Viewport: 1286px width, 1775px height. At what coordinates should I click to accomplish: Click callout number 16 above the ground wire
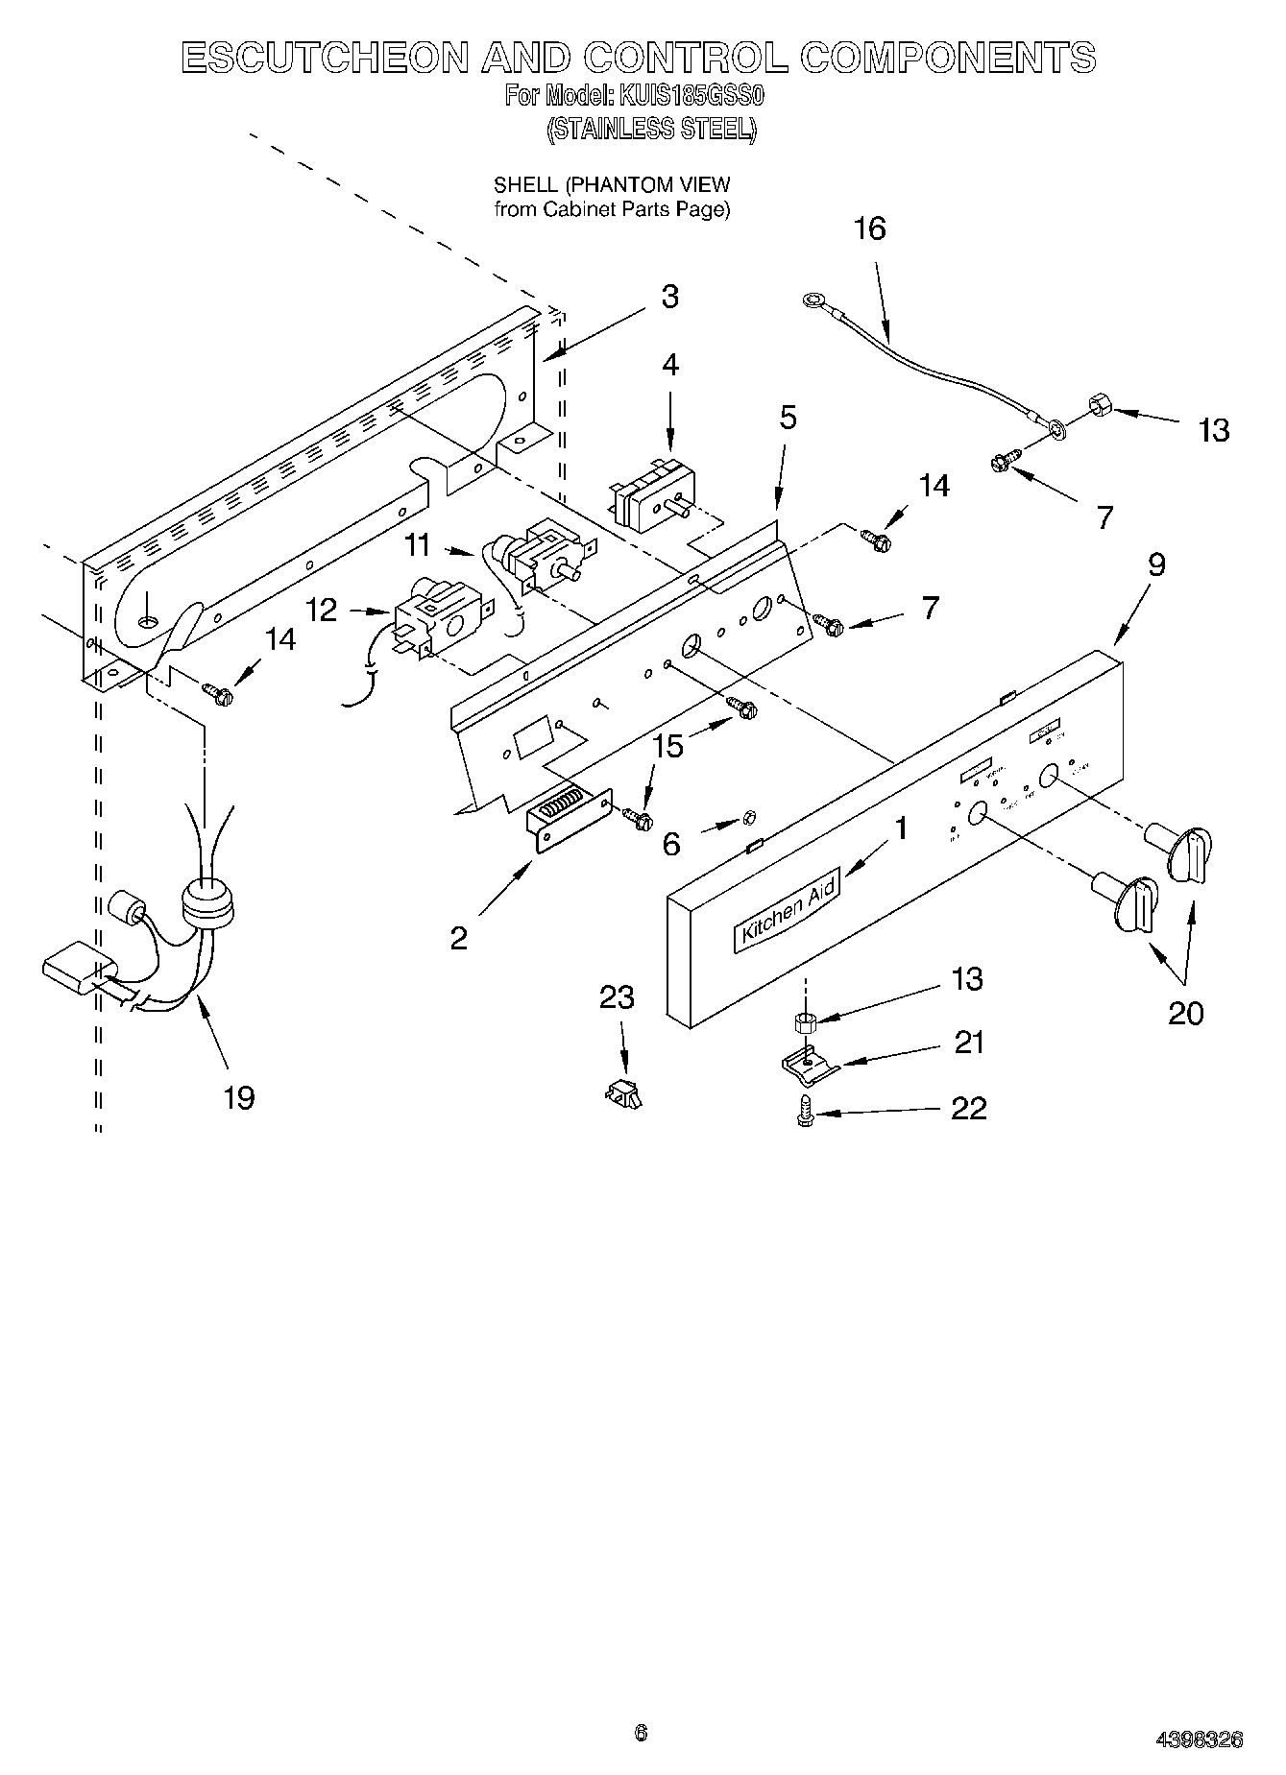[x=869, y=229]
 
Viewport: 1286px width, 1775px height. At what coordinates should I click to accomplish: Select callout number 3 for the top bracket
[x=669, y=297]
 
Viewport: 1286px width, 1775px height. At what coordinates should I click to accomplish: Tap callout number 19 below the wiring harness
[x=239, y=1097]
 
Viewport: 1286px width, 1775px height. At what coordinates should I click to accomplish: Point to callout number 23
[x=617, y=997]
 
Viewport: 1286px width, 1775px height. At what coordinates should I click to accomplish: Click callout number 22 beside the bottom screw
[x=968, y=1109]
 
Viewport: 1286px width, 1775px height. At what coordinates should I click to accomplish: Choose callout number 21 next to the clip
[x=968, y=1043]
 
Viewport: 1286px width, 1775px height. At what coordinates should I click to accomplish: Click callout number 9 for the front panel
[x=1156, y=564]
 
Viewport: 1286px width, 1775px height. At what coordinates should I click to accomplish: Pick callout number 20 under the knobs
[x=1185, y=1013]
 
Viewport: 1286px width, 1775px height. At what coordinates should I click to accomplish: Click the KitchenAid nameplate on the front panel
[x=787, y=908]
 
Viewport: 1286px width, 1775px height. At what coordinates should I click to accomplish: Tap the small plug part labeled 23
[x=623, y=1092]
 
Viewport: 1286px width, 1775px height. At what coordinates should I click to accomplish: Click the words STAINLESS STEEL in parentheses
[x=650, y=129]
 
